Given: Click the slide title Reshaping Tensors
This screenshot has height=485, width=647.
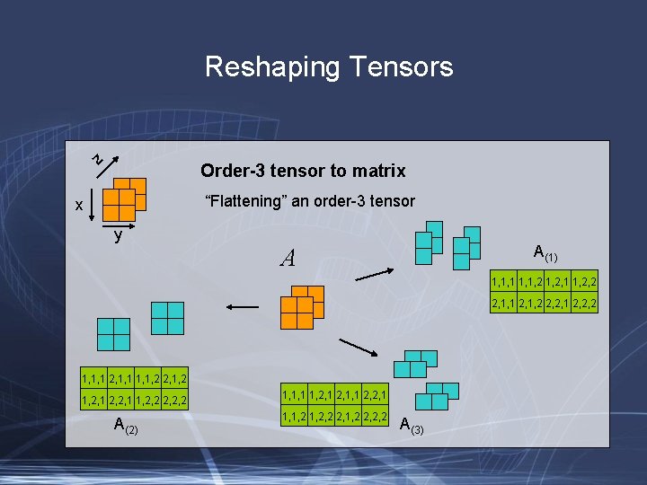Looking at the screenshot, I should (329, 67).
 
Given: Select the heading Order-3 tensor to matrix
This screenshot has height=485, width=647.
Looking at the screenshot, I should (303, 171).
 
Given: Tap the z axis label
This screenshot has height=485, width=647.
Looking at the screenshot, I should (100, 160).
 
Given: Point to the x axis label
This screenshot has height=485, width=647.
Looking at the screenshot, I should (79, 206).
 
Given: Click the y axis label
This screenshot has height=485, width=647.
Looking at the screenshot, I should (118, 236).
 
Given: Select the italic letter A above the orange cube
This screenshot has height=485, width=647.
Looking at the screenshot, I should (288, 259).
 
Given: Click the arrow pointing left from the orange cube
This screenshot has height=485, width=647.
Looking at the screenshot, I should (243, 307).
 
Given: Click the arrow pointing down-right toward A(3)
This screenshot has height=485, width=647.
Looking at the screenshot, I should (358, 348).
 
